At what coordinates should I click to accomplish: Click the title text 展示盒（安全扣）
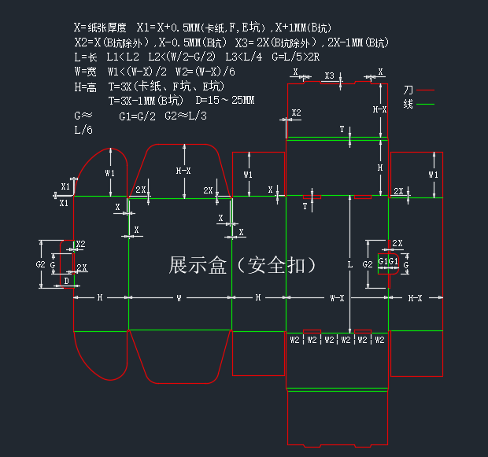pyautogui.click(x=242, y=265)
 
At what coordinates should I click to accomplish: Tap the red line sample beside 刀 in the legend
pyautogui.click(x=426, y=90)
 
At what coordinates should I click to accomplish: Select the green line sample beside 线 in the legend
pyautogui.click(x=426, y=104)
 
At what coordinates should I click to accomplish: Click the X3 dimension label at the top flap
pyautogui.click(x=329, y=76)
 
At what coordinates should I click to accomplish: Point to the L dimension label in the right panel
pyautogui.click(x=350, y=265)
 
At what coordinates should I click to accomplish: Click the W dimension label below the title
pyautogui.click(x=179, y=297)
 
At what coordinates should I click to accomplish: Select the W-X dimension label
pyautogui.click(x=337, y=297)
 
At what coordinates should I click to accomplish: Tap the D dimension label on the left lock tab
pyautogui.click(x=66, y=280)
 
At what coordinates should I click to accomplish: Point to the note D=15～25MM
pyautogui.click(x=225, y=101)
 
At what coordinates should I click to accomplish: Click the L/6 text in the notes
pyautogui.click(x=83, y=130)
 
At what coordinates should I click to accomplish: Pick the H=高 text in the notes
pyautogui.click(x=86, y=87)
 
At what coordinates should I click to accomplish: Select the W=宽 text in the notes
pyautogui.click(x=86, y=72)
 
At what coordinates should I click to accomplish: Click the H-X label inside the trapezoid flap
pyautogui.click(x=183, y=171)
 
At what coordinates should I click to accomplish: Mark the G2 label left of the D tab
pyautogui.click(x=40, y=265)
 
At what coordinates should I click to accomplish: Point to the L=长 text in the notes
pyautogui.click(x=86, y=57)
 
